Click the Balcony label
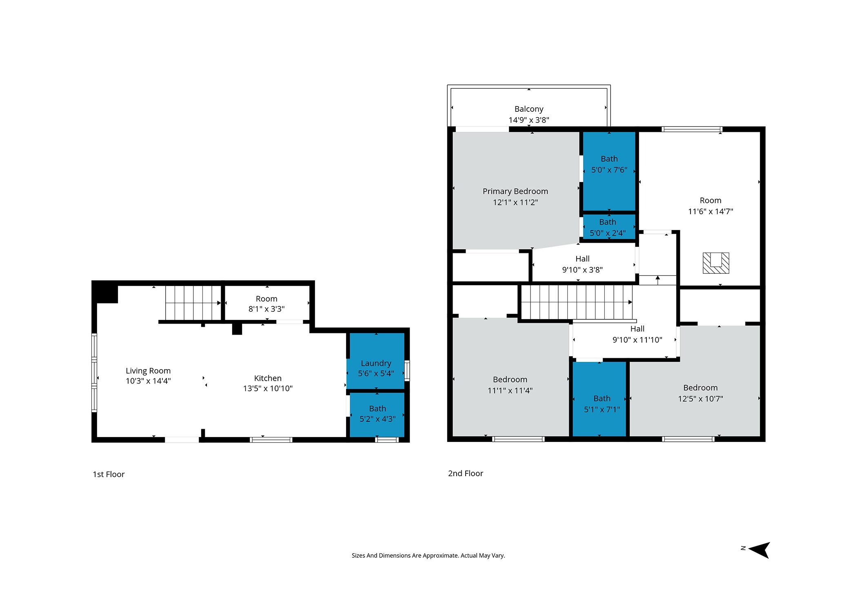[x=528, y=109]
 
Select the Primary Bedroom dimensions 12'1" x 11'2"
[x=515, y=202]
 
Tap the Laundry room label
[x=376, y=363]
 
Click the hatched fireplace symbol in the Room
[x=716, y=263]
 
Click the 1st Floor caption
[x=109, y=474]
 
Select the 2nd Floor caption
[x=465, y=473]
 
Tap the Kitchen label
[x=268, y=378]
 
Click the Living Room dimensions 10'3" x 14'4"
[x=148, y=381]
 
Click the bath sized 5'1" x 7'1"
[x=602, y=404]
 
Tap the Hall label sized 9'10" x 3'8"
[x=582, y=259]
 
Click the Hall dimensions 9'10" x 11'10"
[x=637, y=340]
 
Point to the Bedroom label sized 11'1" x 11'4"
[x=510, y=379]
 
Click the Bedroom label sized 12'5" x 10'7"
[x=700, y=388]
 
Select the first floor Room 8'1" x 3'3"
[x=266, y=304]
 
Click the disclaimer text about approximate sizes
[x=428, y=555]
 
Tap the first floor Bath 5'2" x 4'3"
[x=377, y=413]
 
